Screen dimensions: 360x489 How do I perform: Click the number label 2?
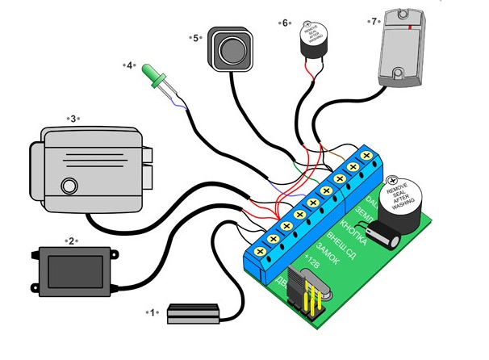(x=71, y=241)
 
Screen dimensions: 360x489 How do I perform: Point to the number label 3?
(x=73, y=119)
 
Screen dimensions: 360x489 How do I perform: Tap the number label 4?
(x=130, y=65)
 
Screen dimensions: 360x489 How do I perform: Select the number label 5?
(x=194, y=37)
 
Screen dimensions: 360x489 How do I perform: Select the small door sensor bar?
(x=193, y=313)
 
